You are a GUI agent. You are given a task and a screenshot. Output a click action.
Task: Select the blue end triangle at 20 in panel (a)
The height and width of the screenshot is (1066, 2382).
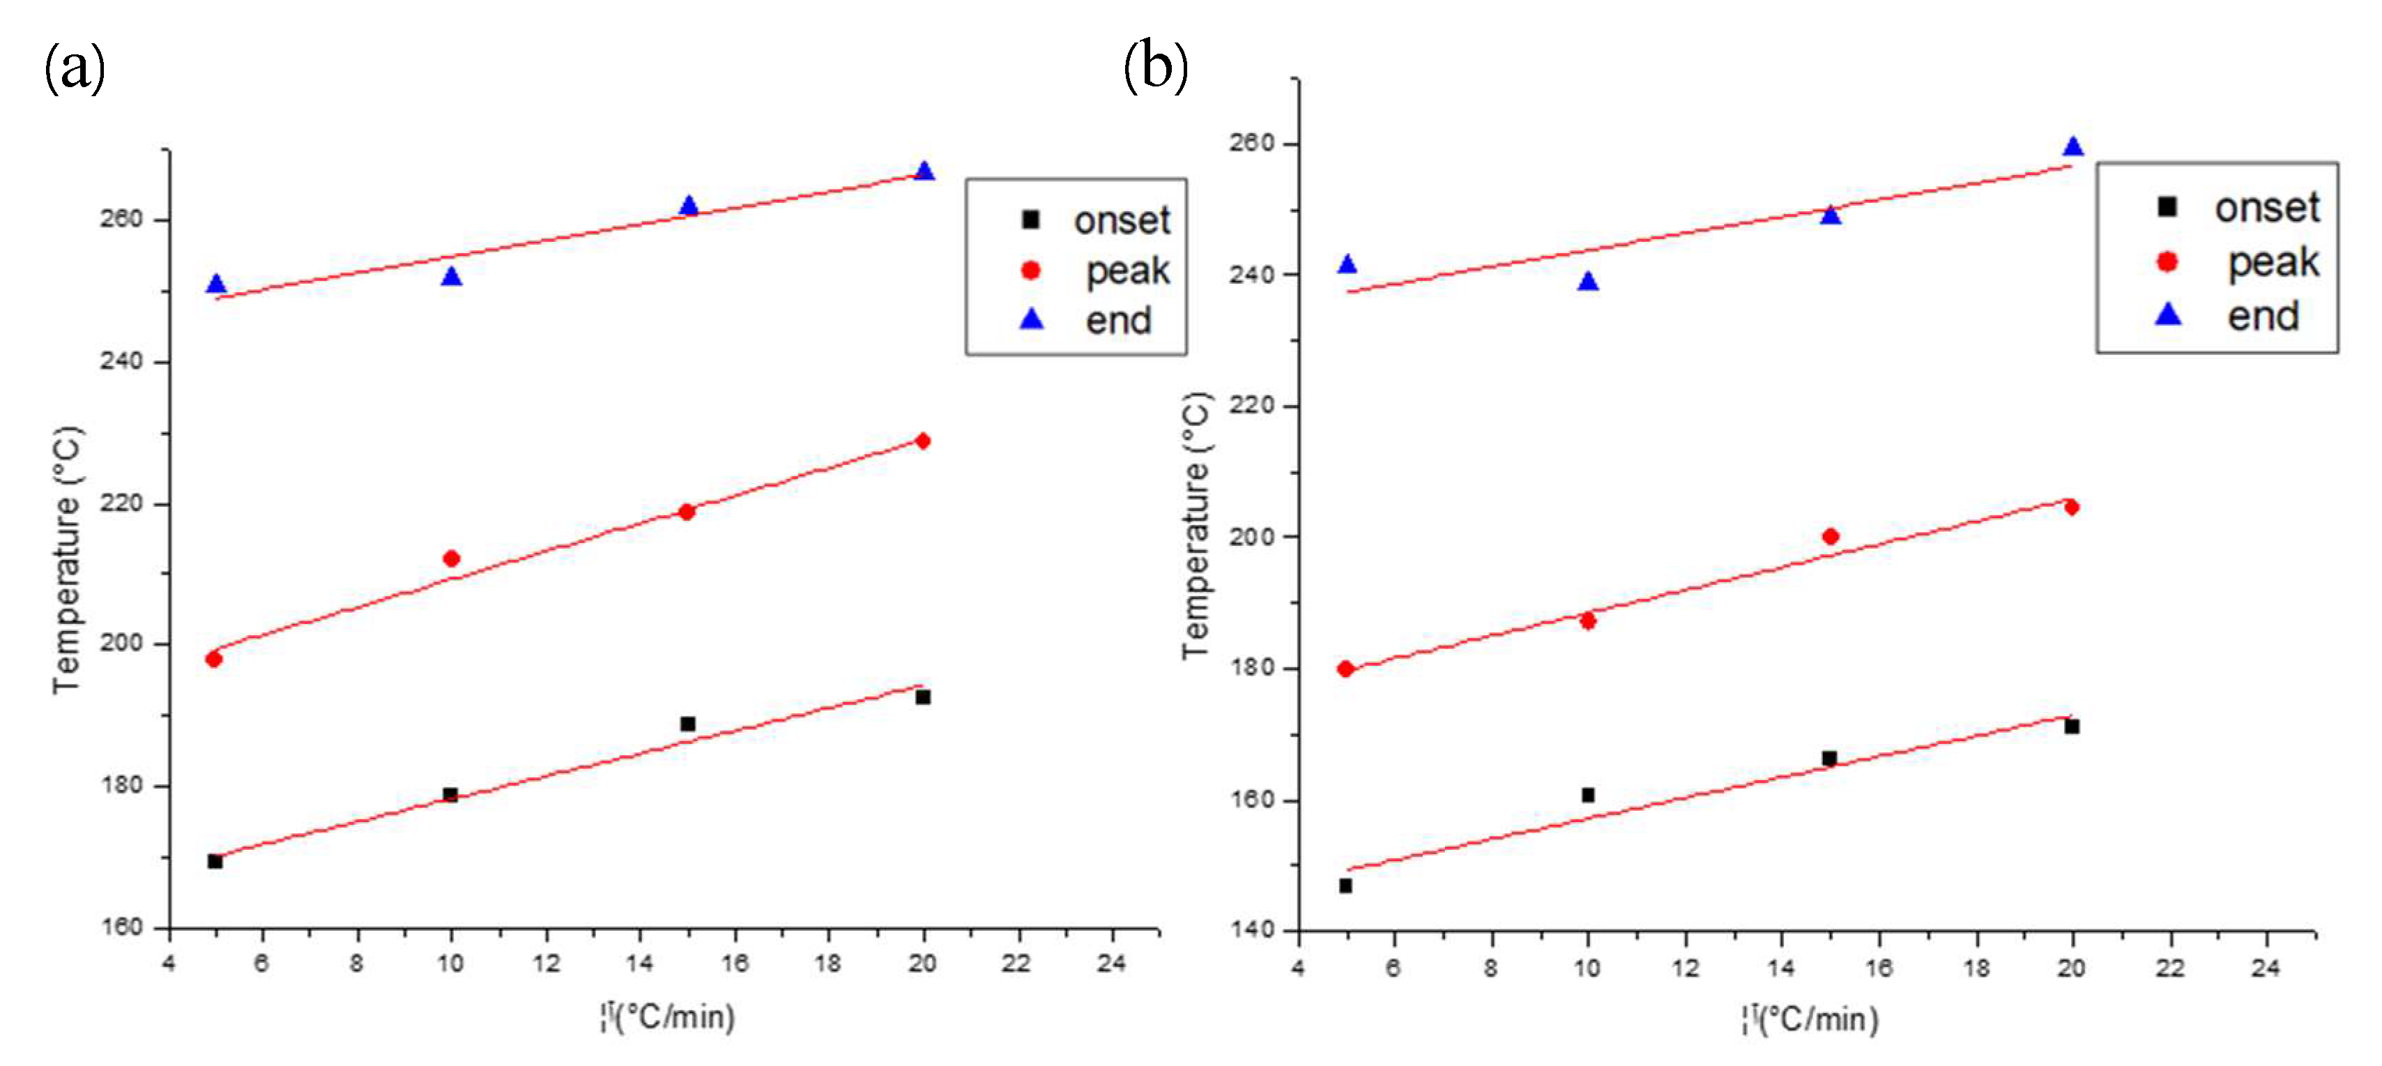[924, 171]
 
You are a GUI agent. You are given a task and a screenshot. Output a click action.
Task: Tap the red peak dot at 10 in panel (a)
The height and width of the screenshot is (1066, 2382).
[451, 558]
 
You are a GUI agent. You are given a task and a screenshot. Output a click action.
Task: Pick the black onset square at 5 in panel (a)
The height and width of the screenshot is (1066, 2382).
[215, 861]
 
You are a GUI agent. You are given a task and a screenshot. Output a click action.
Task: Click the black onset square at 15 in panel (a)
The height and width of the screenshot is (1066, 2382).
[687, 724]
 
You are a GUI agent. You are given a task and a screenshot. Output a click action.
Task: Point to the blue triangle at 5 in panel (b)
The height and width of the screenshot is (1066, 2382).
[1347, 264]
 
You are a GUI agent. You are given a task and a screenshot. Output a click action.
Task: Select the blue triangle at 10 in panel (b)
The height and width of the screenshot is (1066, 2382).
[1588, 281]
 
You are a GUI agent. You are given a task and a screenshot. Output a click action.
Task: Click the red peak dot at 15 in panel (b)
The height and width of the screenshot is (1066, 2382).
[1830, 536]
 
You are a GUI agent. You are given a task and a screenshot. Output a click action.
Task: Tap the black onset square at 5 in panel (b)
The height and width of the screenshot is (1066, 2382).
[1345, 885]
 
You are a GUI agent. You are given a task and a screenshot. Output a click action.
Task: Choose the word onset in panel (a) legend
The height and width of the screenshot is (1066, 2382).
[1122, 220]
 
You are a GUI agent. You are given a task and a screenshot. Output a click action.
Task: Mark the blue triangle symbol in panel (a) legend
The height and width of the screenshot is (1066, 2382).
[1031, 319]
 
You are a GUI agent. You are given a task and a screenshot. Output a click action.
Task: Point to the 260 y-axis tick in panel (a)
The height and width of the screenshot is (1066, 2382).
[121, 219]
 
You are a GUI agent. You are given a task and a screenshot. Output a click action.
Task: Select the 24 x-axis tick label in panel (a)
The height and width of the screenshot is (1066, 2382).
[1110, 964]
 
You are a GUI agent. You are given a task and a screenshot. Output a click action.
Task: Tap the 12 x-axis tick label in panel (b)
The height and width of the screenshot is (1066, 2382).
[1685, 968]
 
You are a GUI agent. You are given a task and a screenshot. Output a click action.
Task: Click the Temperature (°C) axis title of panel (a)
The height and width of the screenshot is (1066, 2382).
[68, 559]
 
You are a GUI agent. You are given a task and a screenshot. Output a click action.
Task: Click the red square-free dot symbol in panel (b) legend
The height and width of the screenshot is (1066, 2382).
[2167, 261]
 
